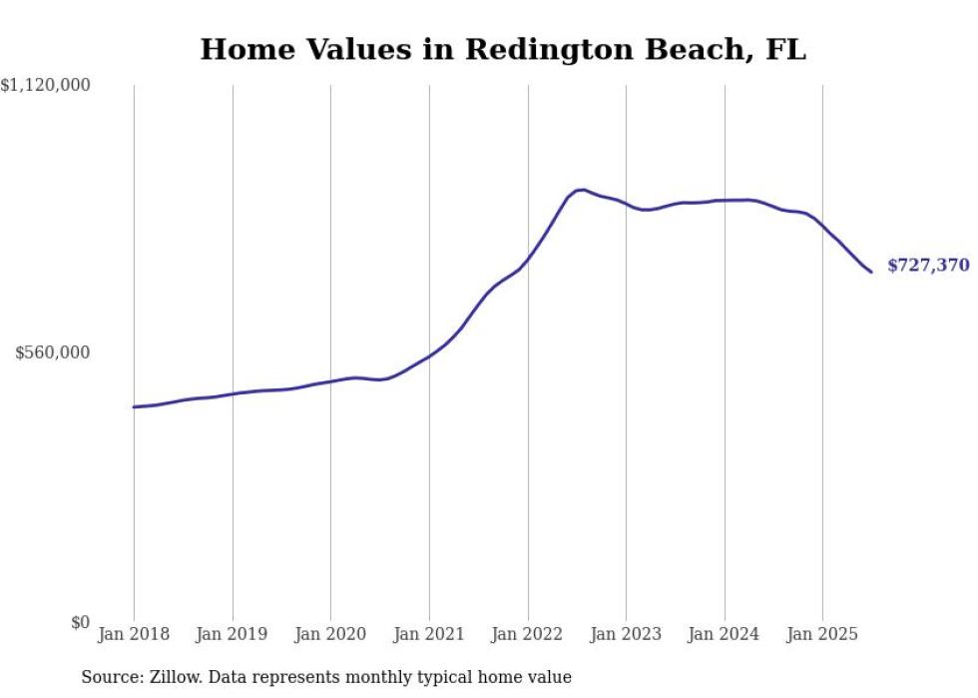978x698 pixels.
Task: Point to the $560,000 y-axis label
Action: click(x=52, y=352)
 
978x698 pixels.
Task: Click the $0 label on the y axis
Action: click(x=80, y=622)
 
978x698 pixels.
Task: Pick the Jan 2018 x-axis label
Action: click(x=134, y=634)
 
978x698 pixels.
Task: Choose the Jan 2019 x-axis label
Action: click(x=233, y=634)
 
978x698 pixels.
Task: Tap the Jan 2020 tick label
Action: click(x=330, y=634)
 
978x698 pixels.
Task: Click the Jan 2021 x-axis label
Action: click(x=429, y=634)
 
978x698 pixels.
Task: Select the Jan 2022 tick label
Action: click(x=528, y=634)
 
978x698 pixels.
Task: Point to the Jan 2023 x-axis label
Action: click(x=626, y=634)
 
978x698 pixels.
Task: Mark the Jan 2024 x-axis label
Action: click(x=725, y=634)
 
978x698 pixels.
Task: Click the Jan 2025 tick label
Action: click(x=822, y=634)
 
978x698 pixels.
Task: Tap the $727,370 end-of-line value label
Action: click(x=928, y=266)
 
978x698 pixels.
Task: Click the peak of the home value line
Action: click(x=582, y=189)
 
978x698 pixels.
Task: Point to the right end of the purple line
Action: click(x=871, y=272)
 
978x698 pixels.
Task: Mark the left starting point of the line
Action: click(x=134, y=406)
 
